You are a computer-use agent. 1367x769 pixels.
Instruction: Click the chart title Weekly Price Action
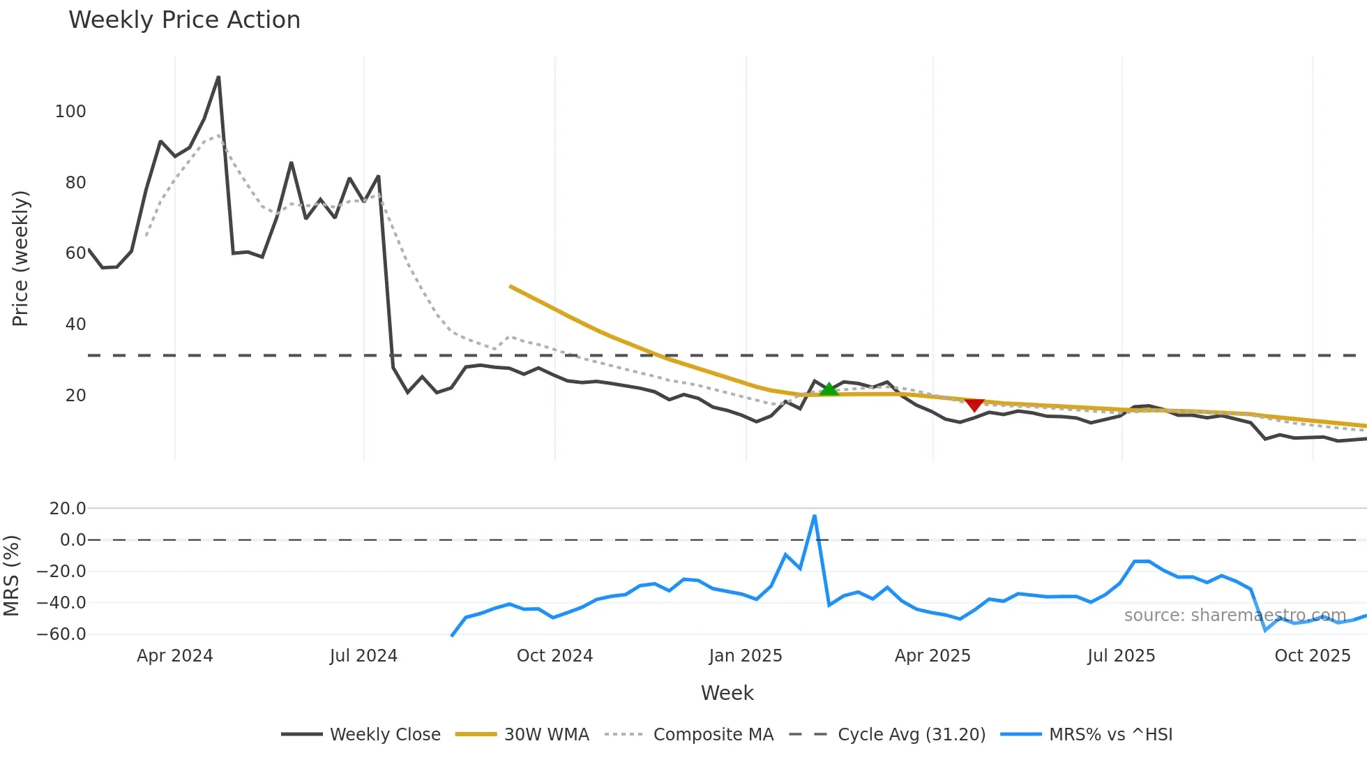tap(184, 20)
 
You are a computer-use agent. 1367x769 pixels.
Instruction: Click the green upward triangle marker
tap(829, 389)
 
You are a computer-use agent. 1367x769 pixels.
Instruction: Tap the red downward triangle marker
tap(974, 405)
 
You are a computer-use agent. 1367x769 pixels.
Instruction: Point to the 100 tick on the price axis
tap(70, 112)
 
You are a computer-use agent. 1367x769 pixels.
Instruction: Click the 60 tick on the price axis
tap(75, 253)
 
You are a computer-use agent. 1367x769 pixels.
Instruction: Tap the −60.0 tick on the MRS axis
tap(61, 634)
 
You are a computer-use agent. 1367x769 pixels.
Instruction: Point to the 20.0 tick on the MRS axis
tap(68, 509)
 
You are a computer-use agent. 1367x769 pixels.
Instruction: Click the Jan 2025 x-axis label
tap(746, 656)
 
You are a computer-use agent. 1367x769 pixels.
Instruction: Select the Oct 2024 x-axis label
tap(554, 656)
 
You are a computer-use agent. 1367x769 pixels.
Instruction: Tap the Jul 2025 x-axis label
tap(1121, 656)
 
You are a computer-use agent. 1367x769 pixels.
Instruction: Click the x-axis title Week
tap(727, 693)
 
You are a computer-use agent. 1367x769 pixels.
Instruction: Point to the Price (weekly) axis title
tap(20, 258)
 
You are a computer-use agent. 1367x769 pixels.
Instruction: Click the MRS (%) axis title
tap(11, 576)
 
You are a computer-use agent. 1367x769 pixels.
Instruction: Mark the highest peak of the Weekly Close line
tap(218, 77)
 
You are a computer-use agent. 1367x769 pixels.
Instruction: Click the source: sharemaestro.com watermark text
tap(1234, 615)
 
